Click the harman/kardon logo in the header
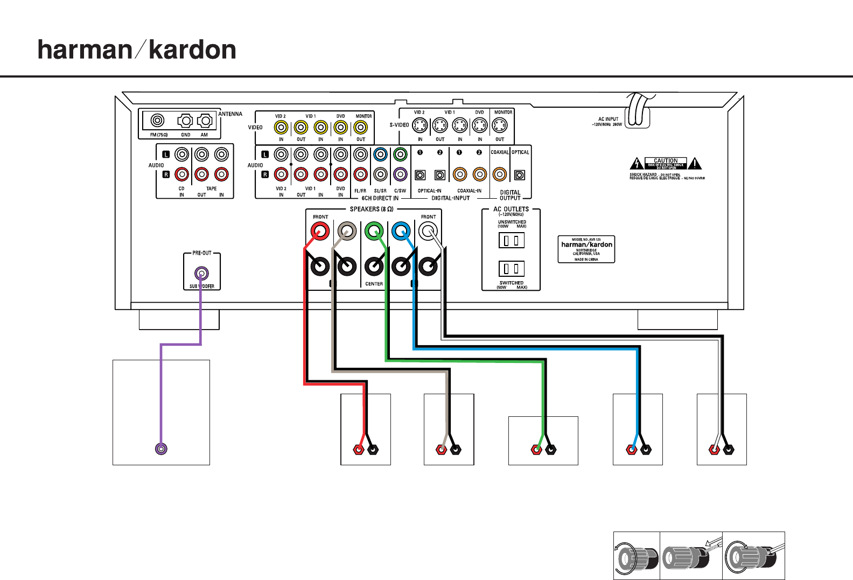click(x=137, y=50)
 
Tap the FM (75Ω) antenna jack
click(x=157, y=120)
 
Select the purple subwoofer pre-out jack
click(x=201, y=273)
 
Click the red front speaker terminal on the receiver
click(x=320, y=232)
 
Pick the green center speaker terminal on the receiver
click(x=374, y=232)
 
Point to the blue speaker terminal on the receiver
click(x=401, y=232)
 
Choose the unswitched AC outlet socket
click(x=511, y=240)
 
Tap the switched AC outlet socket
click(x=511, y=268)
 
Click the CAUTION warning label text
click(x=666, y=160)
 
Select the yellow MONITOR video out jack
click(x=360, y=128)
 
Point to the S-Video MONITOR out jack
click(x=500, y=125)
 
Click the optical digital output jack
click(x=520, y=174)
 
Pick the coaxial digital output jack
click(x=500, y=174)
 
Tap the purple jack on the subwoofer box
click(x=161, y=449)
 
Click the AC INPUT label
click(x=609, y=120)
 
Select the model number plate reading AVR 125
click(x=586, y=249)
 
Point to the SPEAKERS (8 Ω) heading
click(x=372, y=209)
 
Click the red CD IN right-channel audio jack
click(x=182, y=174)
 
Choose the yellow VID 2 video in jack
click(x=281, y=128)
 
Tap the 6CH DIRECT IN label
click(x=380, y=198)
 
